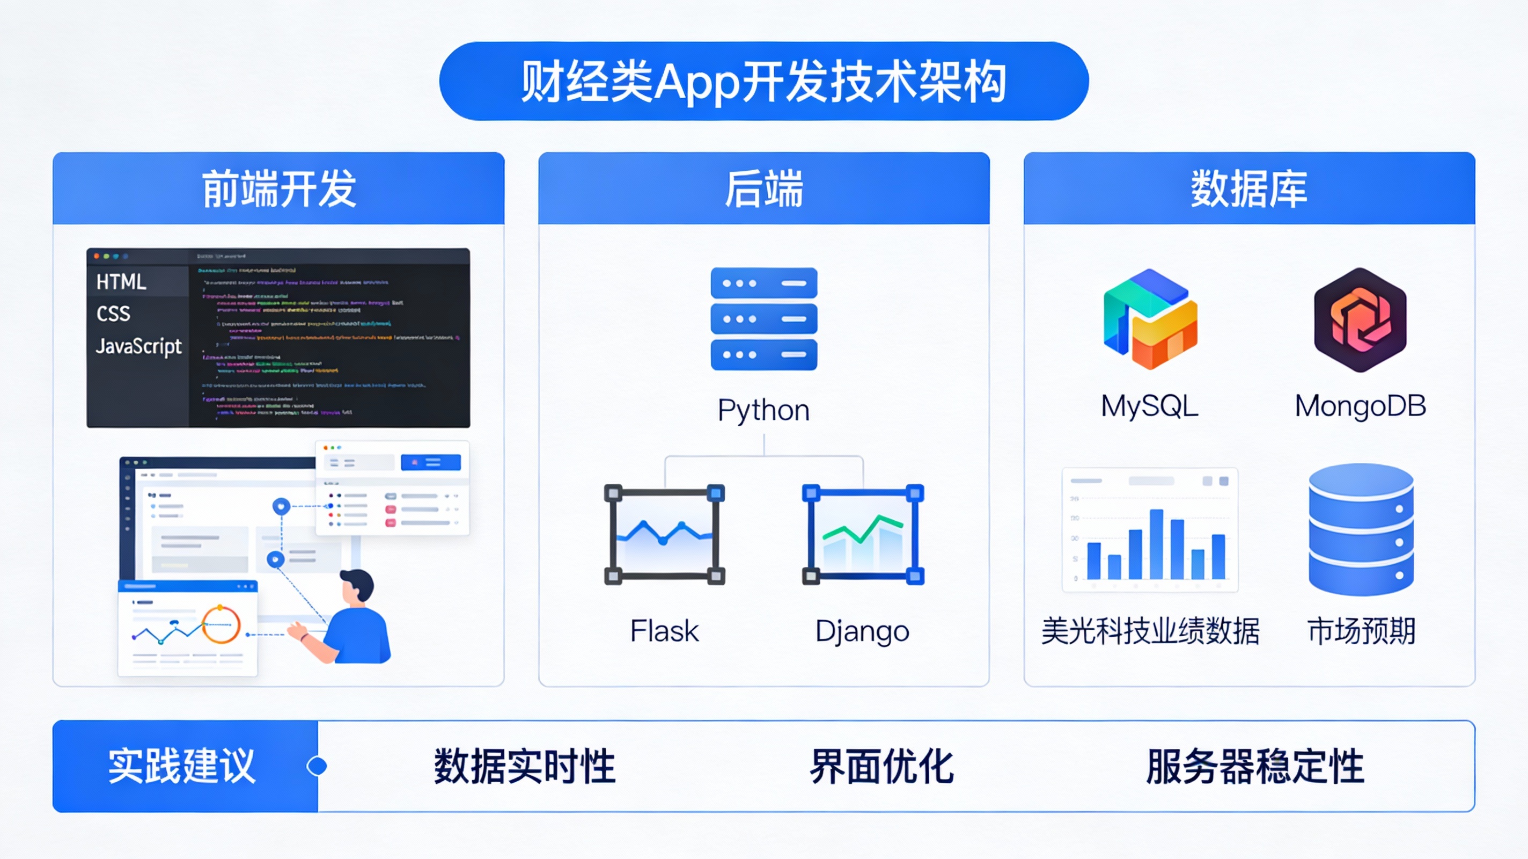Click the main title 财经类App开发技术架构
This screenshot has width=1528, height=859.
[x=763, y=81]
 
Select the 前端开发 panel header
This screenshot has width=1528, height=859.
[x=278, y=189]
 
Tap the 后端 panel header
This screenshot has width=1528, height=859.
[x=763, y=189]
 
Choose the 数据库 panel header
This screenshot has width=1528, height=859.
[x=1248, y=189]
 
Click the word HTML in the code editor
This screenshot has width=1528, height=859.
[x=121, y=281]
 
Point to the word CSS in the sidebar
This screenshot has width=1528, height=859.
[x=113, y=314]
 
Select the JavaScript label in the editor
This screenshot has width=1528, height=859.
[x=139, y=346]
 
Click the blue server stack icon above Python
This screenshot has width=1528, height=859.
[x=763, y=319]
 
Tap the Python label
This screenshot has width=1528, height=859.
[x=763, y=410]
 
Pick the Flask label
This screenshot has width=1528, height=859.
[x=664, y=630]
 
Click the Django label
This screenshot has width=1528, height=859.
[x=862, y=631]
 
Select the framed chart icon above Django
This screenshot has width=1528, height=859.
[x=863, y=534]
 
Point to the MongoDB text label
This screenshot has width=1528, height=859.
[x=1360, y=406]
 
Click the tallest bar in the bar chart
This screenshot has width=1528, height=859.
[x=1156, y=544]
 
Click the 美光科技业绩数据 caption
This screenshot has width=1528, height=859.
[x=1150, y=630]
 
